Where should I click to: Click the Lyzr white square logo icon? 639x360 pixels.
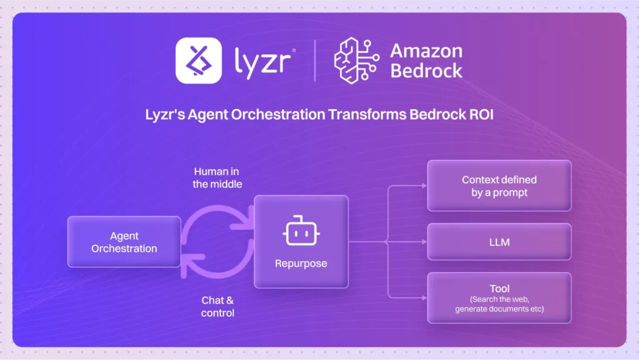point(198,61)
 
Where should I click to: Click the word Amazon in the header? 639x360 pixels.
point(426,51)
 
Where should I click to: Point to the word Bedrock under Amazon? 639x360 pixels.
point(426,70)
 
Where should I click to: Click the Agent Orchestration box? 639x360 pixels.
point(124,241)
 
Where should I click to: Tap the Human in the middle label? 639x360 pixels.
point(215,177)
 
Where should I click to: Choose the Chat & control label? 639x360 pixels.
point(218,306)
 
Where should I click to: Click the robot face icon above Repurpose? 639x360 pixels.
point(300,232)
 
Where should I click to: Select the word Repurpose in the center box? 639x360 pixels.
point(301,263)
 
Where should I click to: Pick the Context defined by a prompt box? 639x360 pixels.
point(499,186)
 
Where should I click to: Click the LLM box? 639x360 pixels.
point(499,241)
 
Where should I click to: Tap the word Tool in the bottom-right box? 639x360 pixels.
point(499,289)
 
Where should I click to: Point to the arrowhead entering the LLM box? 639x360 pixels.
point(424,241)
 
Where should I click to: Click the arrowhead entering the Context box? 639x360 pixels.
point(424,186)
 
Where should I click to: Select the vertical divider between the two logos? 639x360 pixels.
point(315,61)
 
